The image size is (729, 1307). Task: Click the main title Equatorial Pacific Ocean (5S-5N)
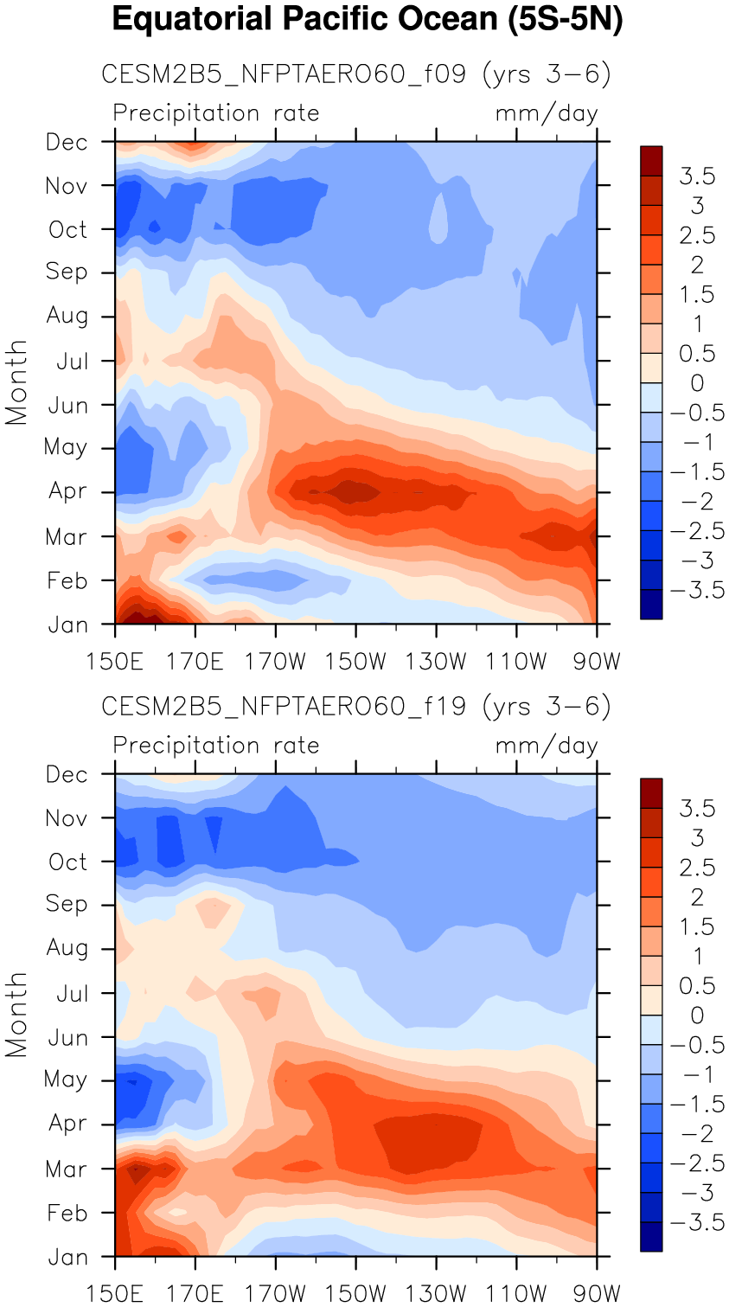(368, 19)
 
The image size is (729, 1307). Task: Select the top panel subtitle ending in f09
(356, 74)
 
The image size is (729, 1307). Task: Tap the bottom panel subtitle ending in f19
(356, 707)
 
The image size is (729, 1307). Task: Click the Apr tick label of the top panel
(67, 491)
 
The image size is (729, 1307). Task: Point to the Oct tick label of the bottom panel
(67, 862)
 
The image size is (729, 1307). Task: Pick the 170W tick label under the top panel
(275, 662)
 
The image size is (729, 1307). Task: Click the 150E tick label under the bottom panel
(114, 1294)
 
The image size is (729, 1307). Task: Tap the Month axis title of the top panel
(16, 382)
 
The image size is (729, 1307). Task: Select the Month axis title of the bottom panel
(16, 1015)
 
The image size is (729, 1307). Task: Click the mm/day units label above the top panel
(547, 113)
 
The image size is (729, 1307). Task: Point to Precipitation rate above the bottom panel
(216, 746)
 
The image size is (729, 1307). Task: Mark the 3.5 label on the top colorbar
(697, 176)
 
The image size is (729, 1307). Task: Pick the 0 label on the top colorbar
(697, 383)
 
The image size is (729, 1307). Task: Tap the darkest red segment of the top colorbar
(651, 161)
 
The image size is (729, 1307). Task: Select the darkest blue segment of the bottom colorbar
(651, 1237)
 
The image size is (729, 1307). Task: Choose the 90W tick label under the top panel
(597, 662)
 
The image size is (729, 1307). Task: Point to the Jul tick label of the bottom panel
(72, 993)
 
